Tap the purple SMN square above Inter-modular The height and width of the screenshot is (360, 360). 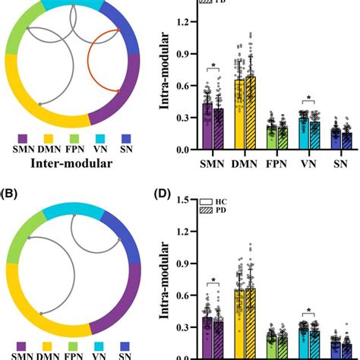[x=22, y=138]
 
